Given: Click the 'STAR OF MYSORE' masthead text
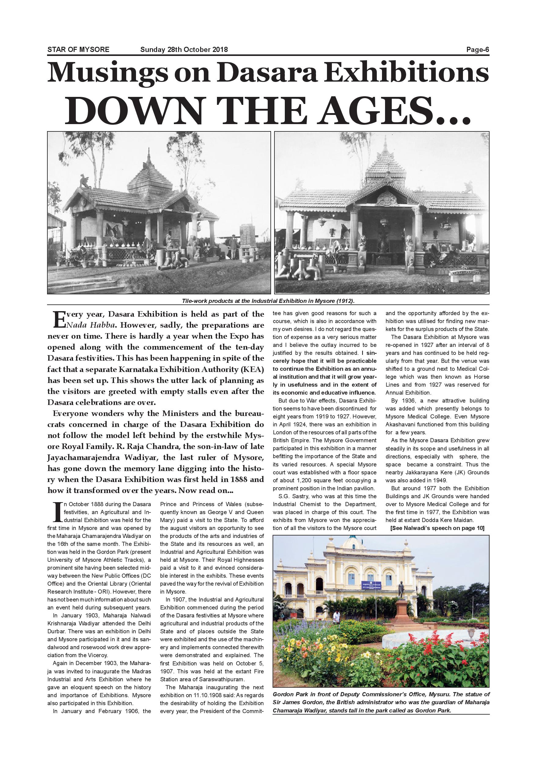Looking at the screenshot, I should [x=78, y=50].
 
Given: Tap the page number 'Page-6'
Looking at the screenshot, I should [x=477, y=50].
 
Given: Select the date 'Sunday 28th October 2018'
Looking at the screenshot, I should [x=184, y=50].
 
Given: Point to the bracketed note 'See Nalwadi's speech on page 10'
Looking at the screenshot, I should [x=437, y=528].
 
